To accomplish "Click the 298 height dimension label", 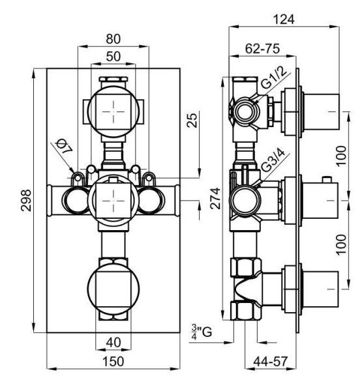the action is coord(26,200).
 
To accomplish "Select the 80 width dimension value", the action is coord(113,39).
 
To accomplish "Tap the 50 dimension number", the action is coord(113,57).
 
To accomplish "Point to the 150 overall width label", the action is coord(113,361).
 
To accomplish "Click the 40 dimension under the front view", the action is coord(113,343).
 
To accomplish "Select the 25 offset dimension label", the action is coord(192,120).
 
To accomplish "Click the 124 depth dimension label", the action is coord(284,19).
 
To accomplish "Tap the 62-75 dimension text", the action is coord(262,49).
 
